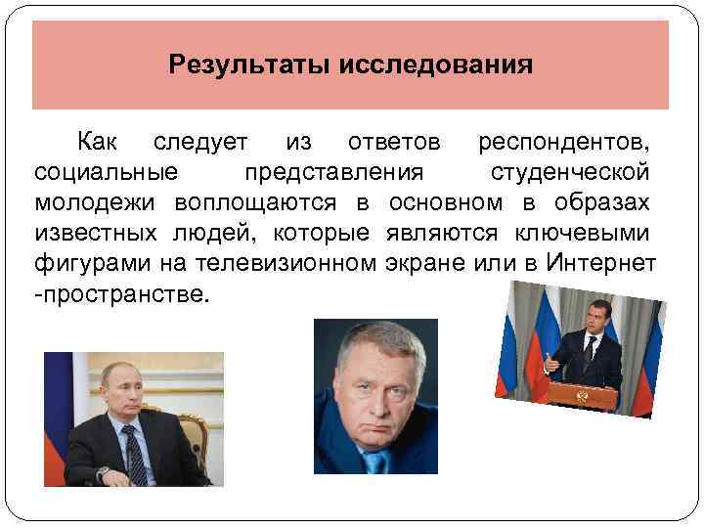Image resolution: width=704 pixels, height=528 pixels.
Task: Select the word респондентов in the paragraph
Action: (x=564, y=144)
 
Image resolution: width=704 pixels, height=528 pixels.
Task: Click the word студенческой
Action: (x=569, y=173)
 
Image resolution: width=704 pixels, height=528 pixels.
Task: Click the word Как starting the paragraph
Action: (x=98, y=144)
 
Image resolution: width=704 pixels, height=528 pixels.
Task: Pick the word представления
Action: (x=333, y=173)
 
